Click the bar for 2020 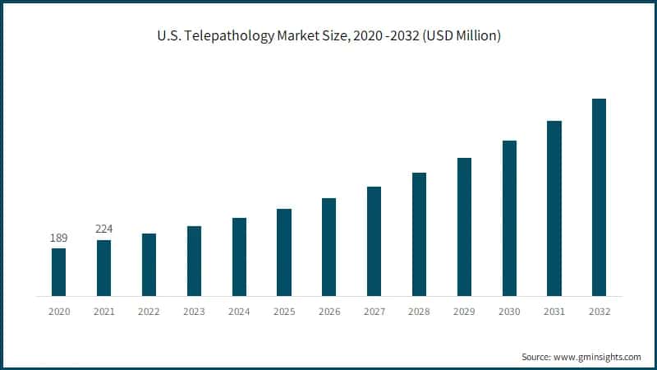coord(58,272)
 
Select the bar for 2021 coord(103,268)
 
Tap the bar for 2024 coord(239,257)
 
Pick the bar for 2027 coord(374,241)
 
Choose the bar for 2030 coord(509,218)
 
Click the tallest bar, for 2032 coord(600,197)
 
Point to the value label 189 coord(58,238)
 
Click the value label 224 coord(103,229)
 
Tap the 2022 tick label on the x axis coord(149,312)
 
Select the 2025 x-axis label coord(284,312)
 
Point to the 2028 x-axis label coord(419,312)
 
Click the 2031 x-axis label coord(554,312)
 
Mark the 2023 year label coord(194,312)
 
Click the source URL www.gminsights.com coord(598,357)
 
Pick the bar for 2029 coord(464,227)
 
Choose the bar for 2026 coord(328,247)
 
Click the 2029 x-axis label coord(464,312)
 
